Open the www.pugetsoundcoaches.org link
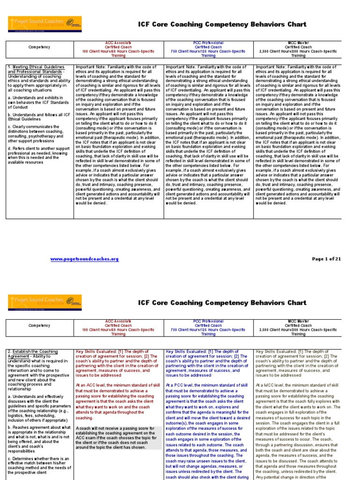[84, 259]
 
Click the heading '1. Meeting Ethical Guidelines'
[34, 67]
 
